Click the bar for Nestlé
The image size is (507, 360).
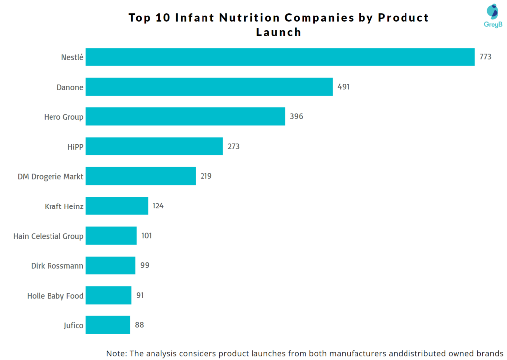(x=280, y=57)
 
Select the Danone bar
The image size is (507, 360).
(x=209, y=87)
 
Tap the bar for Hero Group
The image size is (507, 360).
(x=185, y=116)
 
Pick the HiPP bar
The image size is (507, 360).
(x=154, y=146)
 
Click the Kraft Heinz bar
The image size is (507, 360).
(x=117, y=206)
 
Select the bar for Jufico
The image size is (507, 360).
(x=108, y=325)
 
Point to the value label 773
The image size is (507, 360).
(x=485, y=57)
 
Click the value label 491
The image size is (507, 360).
(x=344, y=87)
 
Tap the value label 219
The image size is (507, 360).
(x=206, y=176)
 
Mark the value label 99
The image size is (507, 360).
(x=145, y=265)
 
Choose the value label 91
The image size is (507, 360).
(x=140, y=295)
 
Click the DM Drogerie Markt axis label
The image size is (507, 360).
(x=51, y=176)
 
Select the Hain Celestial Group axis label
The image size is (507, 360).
(x=49, y=236)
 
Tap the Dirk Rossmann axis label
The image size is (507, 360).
(x=57, y=266)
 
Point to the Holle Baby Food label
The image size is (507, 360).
(x=55, y=296)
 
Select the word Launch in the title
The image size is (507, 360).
(x=279, y=32)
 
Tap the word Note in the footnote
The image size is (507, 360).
(x=117, y=353)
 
